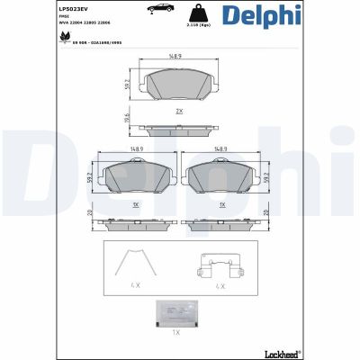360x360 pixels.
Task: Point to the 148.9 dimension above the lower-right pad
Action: (220, 150)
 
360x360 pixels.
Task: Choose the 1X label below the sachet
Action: (178, 333)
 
